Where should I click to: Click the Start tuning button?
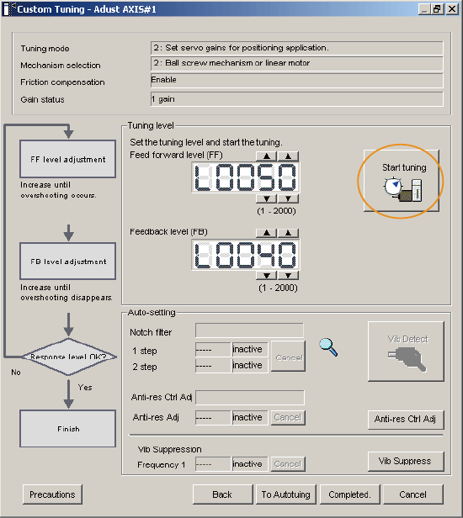click(x=402, y=180)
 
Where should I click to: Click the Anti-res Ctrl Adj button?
click(x=406, y=420)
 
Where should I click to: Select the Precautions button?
click(x=52, y=494)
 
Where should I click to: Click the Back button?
click(x=222, y=494)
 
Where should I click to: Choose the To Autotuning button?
click(x=285, y=494)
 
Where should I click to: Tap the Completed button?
click(x=349, y=494)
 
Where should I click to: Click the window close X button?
click(x=451, y=9)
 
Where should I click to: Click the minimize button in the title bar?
click(x=424, y=9)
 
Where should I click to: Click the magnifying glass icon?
click(x=328, y=347)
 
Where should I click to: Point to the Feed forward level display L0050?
click(x=246, y=177)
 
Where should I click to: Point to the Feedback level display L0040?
click(x=246, y=255)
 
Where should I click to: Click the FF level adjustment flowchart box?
click(x=68, y=159)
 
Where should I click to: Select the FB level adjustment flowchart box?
click(x=68, y=261)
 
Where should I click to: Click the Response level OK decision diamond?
click(x=69, y=357)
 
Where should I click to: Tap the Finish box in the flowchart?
click(x=68, y=429)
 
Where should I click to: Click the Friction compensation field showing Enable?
click(x=296, y=80)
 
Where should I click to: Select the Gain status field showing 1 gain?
click(x=296, y=99)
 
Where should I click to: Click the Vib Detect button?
click(x=406, y=351)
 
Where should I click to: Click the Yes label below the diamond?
click(x=85, y=387)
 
